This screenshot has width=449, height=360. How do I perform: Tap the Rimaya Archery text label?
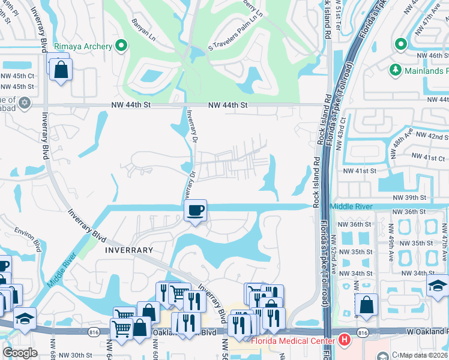click(83, 46)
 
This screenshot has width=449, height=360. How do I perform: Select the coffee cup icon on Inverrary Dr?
click(194, 211)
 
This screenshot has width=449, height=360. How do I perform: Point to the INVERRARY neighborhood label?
click(129, 249)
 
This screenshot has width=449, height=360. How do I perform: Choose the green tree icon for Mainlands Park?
click(395, 70)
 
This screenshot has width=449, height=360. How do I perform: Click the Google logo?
click(19, 353)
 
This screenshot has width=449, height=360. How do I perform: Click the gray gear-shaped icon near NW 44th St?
click(24, 103)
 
